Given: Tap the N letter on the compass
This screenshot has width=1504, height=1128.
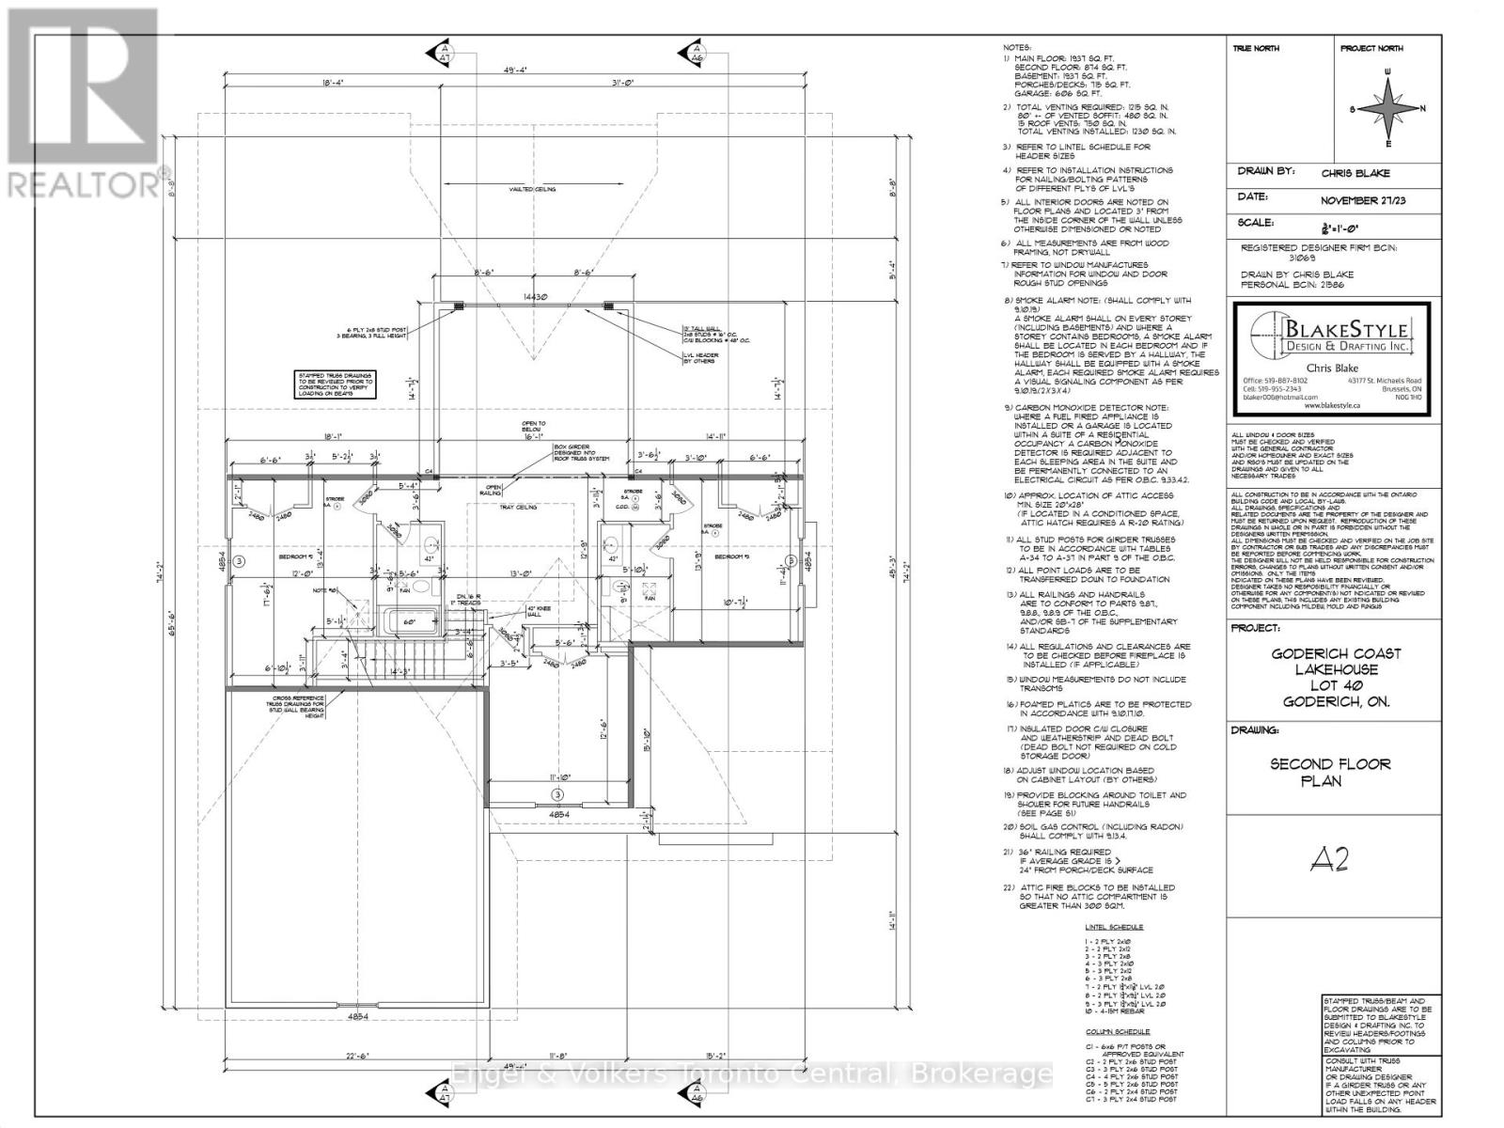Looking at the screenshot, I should (1424, 108).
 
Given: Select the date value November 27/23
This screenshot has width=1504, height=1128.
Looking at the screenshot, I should (1363, 200).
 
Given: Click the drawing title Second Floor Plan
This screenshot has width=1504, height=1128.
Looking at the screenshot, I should (1330, 773).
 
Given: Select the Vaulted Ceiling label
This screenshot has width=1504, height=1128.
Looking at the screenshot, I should (532, 189).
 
